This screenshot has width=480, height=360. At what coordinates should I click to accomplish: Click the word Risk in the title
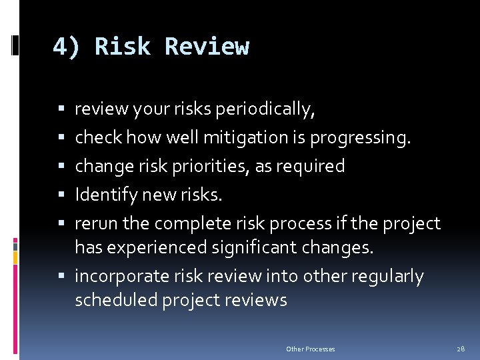click(x=123, y=47)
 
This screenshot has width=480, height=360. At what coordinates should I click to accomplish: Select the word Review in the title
click(x=207, y=47)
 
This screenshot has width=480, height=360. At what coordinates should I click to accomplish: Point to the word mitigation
click(x=239, y=137)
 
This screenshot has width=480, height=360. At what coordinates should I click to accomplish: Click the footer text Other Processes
click(x=311, y=349)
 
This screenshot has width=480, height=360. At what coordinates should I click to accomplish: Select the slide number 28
click(x=461, y=349)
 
